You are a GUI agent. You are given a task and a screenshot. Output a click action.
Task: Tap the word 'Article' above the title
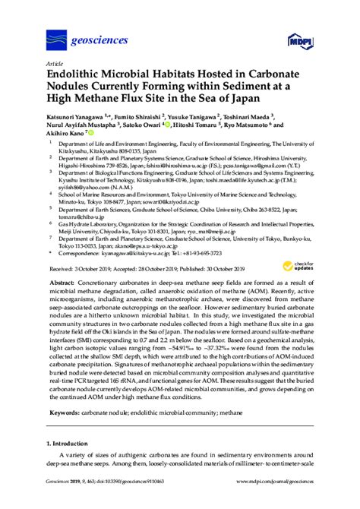click(55, 65)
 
